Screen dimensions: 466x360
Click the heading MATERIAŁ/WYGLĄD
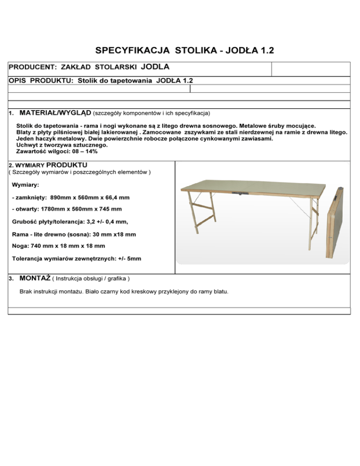(x=55, y=113)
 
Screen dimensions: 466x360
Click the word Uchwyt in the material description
(x=27, y=145)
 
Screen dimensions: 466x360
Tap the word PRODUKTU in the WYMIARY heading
(x=67, y=165)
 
